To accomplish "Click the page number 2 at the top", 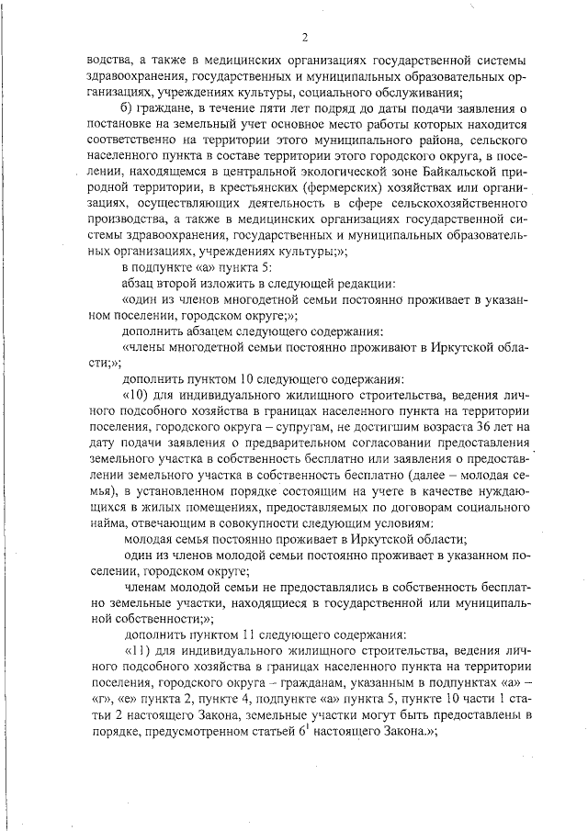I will (302, 37).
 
